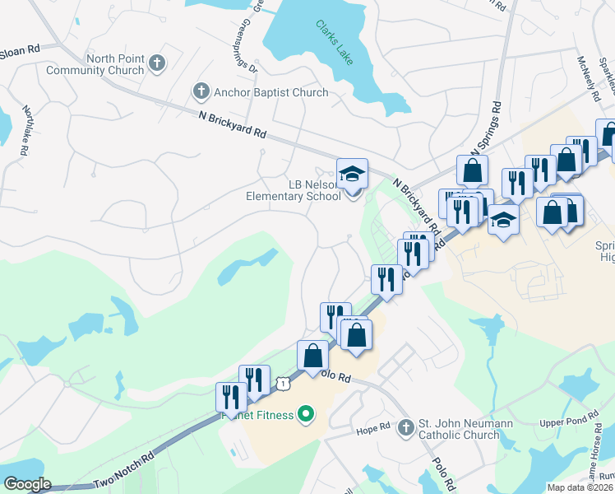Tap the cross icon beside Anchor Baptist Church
200,91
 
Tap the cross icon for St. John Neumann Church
405,428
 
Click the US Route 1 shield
283,383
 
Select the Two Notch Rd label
123,471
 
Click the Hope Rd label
373,429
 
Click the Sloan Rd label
20,50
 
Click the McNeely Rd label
590,74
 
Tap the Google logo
26,484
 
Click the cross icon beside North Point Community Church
157,62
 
